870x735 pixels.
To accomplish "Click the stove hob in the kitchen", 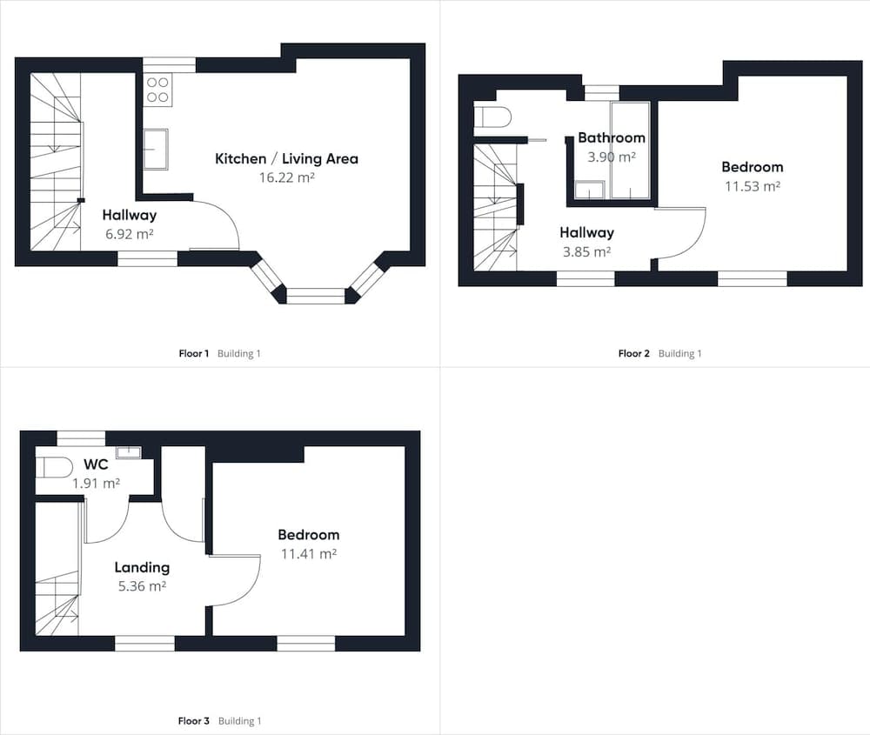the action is click(157, 90).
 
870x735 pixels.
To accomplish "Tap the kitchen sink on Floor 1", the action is click(156, 149).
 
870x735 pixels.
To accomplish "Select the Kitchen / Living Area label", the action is click(286, 158).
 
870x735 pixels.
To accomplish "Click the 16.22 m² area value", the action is click(286, 177).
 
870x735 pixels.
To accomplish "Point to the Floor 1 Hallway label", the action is click(130, 215).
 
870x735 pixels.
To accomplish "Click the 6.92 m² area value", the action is click(130, 234).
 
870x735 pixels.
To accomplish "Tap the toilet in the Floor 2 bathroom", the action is click(492, 117).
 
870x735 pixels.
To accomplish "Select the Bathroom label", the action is click(612, 137).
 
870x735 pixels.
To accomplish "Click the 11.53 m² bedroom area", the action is click(753, 186).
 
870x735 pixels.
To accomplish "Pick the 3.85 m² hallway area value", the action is click(586, 252).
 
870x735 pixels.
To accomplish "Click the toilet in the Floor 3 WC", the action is click(54, 467).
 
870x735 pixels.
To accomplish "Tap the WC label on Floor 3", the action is click(96, 464).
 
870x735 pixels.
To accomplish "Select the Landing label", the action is click(142, 567).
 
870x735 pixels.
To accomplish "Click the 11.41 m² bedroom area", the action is click(309, 553).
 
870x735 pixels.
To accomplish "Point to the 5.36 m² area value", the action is click(142, 586).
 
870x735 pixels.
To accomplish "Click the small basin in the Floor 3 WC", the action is click(129, 452).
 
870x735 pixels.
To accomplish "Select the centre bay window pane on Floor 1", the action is click(315, 296).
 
